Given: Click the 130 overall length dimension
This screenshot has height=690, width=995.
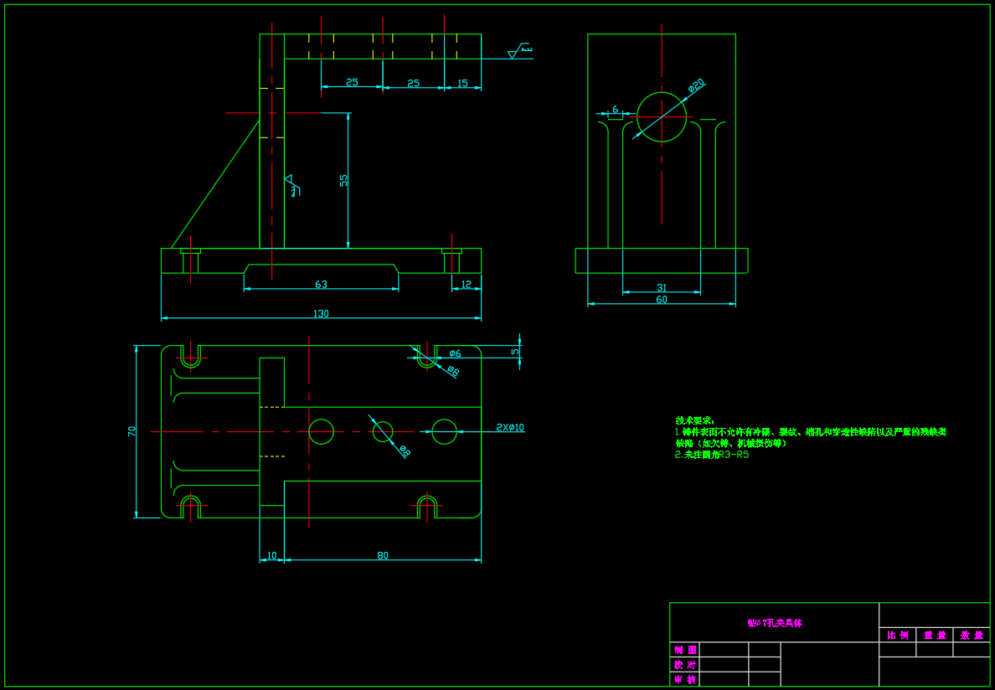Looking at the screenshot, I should [321, 313].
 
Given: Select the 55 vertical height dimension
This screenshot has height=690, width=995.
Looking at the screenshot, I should [343, 180].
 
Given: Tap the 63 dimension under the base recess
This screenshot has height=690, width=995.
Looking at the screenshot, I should [321, 284].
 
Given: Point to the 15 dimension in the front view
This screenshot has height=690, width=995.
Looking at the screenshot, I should [463, 82].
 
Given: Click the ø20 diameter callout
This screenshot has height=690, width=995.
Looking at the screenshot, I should [696, 85].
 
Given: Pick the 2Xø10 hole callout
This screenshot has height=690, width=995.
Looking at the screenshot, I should [510, 427].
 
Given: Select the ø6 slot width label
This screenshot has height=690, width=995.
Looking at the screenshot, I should [455, 353].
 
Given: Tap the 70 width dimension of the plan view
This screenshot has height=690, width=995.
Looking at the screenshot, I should [131, 431].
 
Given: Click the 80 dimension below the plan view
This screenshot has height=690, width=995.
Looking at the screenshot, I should [383, 555].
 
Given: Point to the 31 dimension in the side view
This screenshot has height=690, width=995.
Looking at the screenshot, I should [662, 287].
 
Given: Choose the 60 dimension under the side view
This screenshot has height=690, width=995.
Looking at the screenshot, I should [662, 299].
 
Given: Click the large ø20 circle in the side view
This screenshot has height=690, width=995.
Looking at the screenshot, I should [662, 116].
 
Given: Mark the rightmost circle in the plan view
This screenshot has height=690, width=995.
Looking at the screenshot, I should [444, 431].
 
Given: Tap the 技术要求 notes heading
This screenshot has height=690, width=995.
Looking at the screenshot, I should [694, 420].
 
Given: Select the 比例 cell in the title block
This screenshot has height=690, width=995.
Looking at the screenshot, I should [897, 636].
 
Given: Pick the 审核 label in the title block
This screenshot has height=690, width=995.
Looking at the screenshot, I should [684, 680].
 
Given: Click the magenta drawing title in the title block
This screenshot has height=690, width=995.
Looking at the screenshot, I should [775, 623].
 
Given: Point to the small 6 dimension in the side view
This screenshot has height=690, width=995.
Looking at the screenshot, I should [616, 109].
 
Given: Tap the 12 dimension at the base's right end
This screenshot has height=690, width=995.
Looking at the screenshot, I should [467, 284].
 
